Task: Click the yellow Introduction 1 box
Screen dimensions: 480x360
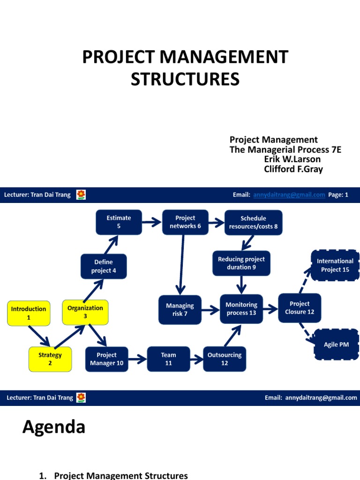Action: click(x=29, y=313)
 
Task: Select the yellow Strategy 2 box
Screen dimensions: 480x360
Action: click(x=50, y=359)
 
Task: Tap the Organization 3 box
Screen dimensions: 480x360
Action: click(x=85, y=312)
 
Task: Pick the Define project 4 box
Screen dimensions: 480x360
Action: click(x=104, y=266)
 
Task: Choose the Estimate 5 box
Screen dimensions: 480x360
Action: click(x=119, y=222)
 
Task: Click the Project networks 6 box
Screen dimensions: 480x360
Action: click(x=185, y=222)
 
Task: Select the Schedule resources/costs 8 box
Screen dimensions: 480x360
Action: click(x=253, y=222)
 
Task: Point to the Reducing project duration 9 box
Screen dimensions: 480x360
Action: click(x=241, y=263)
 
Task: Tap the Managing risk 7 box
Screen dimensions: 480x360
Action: click(x=180, y=309)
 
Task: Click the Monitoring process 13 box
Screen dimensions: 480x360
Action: click(x=241, y=309)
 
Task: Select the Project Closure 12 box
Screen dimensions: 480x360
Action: click(x=300, y=308)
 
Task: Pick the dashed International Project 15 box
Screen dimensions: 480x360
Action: click(x=335, y=265)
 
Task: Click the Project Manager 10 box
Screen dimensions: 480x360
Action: click(x=106, y=359)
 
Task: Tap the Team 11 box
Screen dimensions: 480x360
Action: click(x=168, y=359)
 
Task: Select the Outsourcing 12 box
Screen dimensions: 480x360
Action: click(x=225, y=359)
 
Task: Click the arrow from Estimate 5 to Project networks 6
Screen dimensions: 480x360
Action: click(x=151, y=222)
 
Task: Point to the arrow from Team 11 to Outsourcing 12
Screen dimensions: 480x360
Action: click(x=196, y=360)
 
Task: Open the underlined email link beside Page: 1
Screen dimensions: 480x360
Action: click(x=289, y=195)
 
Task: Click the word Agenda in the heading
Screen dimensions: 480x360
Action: click(x=54, y=427)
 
